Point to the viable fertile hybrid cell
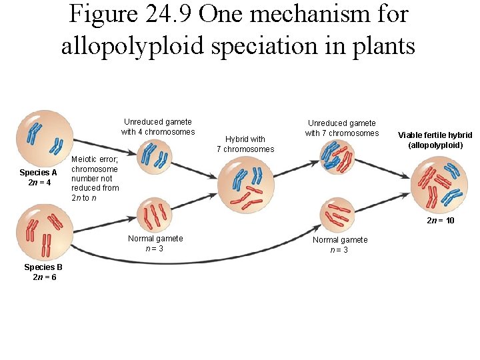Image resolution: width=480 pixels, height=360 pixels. coord(439,185)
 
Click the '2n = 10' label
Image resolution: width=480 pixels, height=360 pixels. coord(441,220)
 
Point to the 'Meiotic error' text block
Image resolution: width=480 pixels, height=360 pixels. coord(95,178)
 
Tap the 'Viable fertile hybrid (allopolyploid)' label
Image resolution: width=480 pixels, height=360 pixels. coord(435,139)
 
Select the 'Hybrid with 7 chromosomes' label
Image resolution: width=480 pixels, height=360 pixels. coord(245,144)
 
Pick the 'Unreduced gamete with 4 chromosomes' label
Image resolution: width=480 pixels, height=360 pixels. coord(158,127)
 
